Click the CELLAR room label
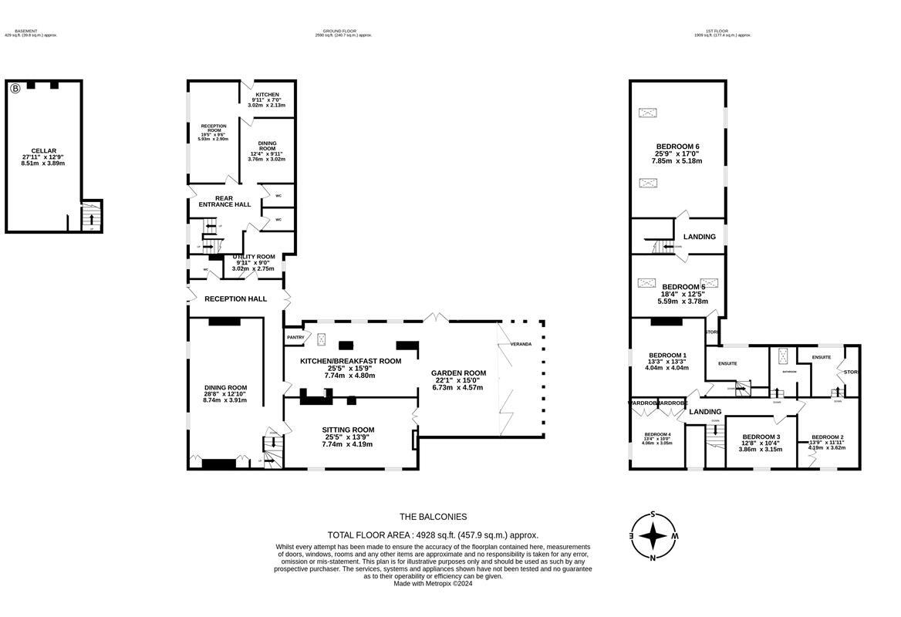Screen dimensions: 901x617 [43, 151]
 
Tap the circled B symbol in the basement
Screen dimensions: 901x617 [15, 89]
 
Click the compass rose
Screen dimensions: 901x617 [653, 535]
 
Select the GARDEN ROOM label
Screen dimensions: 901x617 [458, 373]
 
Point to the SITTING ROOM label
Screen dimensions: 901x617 [348, 430]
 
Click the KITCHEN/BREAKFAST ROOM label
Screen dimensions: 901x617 [351, 361]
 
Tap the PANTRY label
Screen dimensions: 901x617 [295, 337]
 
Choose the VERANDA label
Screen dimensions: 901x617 [520, 344]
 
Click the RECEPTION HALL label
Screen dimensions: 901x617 [235, 298]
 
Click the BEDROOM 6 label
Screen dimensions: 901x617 [677, 147]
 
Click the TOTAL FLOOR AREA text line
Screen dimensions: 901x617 [433, 534]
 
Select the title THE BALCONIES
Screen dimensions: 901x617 [433, 517]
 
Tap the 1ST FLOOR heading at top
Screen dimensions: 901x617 [722, 31]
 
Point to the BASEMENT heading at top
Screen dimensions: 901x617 [31, 31]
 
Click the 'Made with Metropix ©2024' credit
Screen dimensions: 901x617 [433, 584]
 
